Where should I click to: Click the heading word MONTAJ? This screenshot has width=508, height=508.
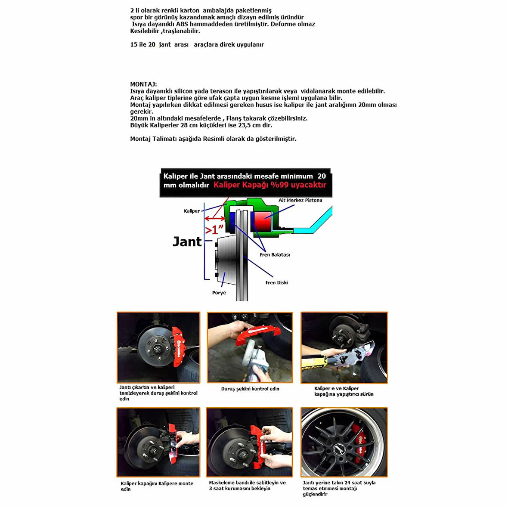pyautogui.click(x=143, y=84)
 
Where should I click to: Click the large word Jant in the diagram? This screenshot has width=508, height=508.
pyautogui.click(x=187, y=242)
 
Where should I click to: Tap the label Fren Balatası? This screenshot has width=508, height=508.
pyautogui.click(x=275, y=255)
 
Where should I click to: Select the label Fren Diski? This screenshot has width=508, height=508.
pyautogui.click(x=276, y=283)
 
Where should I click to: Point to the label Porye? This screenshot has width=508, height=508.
pyautogui.click(x=219, y=293)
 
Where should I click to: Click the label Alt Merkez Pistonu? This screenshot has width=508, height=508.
pyautogui.click(x=300, y=200)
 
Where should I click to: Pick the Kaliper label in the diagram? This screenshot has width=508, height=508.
pyautogui.click(x=192, y=211)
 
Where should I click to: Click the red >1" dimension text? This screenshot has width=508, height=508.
pyautogui.click(x=215, y=229)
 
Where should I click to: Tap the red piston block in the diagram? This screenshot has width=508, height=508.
pyautogui.click(x=263, y=220)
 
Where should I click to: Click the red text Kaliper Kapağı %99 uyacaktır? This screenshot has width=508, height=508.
pyautogui.click(x=270, y=185)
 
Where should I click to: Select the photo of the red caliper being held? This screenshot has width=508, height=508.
pyautogui.click(x=250, y=347)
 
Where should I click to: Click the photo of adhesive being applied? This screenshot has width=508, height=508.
pyautogui.click(x=344, y=347)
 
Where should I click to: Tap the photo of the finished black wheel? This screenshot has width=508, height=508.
pyautogui.click(x=344, y=442)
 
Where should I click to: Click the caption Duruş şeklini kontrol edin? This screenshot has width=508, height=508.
pyautogui.click(x=250, y=389)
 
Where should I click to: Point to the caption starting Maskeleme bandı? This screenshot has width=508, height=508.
pyautogui.click(x=247, y=486)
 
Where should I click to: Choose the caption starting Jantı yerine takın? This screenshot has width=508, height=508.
pyautogui.click(x=339, y=488)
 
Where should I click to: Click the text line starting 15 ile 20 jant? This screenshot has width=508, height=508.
pyautogui.click(x=197, y=44)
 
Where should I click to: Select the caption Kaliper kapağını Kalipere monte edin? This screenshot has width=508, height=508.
pyautogui.click(x=157, y=486)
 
